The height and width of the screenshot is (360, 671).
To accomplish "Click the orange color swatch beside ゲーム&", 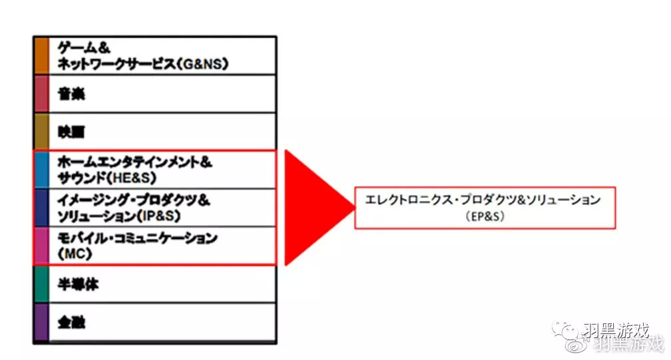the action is click(41, 55).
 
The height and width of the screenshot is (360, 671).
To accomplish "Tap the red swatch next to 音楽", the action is click(41, 94).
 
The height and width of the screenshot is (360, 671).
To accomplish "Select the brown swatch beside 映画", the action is click(41, 132).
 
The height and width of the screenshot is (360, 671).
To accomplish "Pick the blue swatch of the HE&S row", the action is click(41, 170).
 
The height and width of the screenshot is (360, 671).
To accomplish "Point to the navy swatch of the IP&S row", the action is click(41, 208).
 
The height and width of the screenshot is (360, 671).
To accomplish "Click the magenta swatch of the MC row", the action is click(41, 246).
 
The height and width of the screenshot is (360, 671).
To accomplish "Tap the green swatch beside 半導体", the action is click(41, 284).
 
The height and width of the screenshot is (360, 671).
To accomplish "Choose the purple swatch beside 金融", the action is click(41, 323).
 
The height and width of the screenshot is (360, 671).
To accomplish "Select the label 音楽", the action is click(71, 94).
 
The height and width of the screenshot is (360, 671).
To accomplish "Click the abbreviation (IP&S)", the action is click(159, 217).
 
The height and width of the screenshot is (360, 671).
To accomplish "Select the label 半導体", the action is click(79, 284).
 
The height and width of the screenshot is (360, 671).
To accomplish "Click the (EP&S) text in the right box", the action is click(484, 216).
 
